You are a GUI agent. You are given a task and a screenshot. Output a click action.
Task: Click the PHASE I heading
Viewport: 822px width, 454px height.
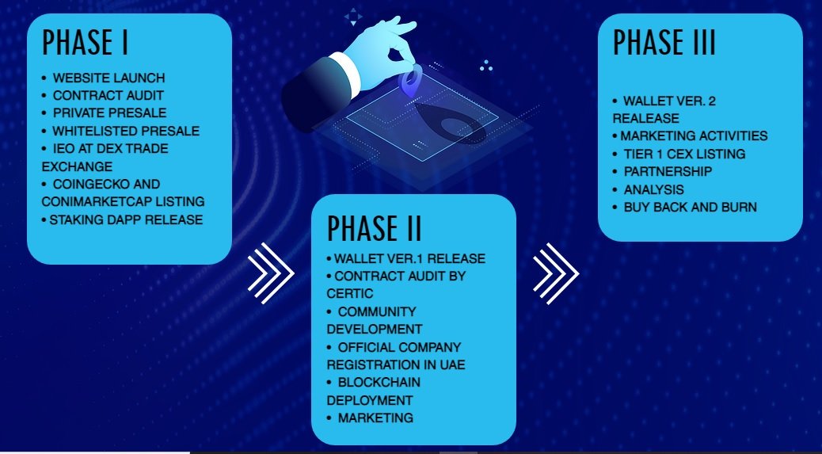(x=85, y=42)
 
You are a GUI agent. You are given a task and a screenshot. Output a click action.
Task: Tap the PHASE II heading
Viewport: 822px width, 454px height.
(x=375, y=228)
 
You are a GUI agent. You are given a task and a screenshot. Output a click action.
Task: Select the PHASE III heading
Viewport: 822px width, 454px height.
(x=664, y=42)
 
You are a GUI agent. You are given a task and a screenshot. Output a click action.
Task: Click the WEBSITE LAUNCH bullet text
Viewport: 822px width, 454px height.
(x=109, y=78)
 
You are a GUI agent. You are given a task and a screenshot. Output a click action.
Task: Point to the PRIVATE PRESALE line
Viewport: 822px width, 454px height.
(x=109, y=113)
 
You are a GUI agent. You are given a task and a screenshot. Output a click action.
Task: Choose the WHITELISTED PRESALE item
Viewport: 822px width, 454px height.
(x=126, y=131)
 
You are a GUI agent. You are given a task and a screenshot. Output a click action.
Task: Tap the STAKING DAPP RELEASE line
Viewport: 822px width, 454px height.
(x=126, y=219)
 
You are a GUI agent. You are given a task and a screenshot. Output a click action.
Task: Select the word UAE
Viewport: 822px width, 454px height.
(x=453, y=364)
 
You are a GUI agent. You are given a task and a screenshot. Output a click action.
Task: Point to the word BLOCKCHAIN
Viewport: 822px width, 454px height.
(x=379, y=382)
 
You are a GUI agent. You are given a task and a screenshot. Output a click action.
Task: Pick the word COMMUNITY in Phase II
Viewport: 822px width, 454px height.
(x=377, y=312)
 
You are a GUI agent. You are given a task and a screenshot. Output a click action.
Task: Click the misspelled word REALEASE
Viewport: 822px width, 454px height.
(x=646, y=118)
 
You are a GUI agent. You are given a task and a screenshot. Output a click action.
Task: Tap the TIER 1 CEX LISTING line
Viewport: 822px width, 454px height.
(x=685, y=155)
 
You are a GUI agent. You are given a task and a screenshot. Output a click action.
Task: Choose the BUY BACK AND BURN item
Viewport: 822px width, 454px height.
(x=691, y=207)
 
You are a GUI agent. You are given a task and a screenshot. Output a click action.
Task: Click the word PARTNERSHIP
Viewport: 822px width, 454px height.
(x=668, y=171)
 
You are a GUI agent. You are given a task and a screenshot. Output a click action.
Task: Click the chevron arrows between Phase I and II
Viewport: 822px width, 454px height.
(x=271, y=273)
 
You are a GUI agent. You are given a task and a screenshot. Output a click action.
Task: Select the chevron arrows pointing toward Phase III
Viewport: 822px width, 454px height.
(x=556, y=273)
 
